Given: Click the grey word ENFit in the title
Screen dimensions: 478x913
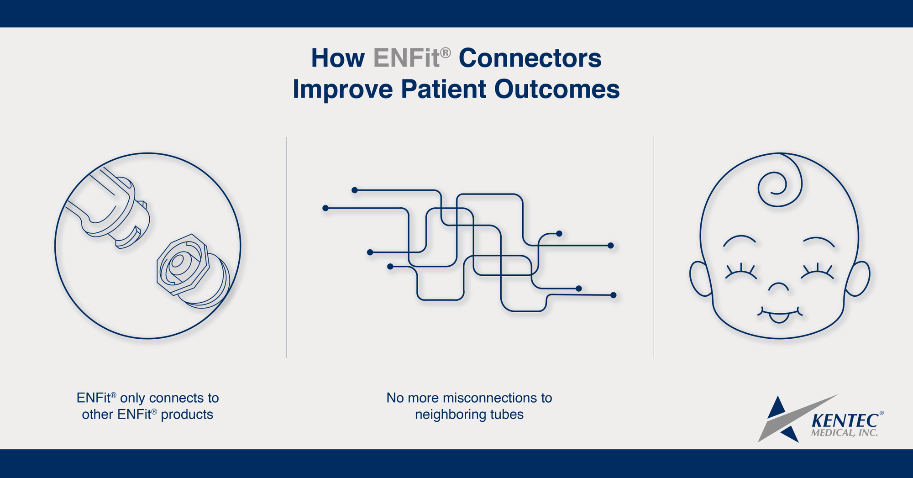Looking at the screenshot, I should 406,58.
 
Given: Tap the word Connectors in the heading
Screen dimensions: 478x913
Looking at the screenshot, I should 530,58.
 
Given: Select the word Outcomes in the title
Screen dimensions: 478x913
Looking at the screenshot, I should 557,89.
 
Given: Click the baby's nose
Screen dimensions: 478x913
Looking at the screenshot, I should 778,288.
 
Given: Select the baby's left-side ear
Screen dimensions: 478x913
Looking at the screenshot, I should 700,278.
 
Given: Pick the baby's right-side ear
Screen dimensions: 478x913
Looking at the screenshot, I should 858,278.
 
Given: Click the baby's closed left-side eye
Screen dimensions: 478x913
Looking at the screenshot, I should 741,273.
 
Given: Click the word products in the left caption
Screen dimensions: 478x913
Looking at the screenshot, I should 187,415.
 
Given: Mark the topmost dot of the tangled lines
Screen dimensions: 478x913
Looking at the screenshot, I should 355,190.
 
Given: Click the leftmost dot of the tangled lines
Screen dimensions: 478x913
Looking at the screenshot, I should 325,208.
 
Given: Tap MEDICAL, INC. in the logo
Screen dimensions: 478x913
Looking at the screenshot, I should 844,433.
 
